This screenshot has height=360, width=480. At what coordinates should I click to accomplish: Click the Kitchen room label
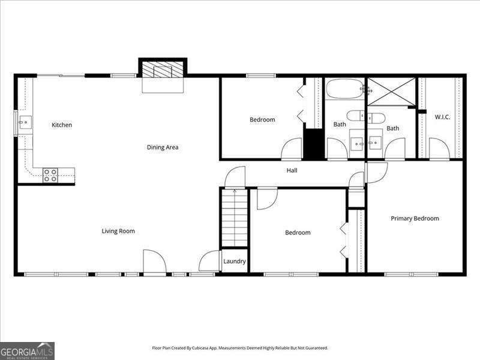(62, 125)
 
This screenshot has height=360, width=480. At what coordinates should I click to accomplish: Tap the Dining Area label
(163, 147)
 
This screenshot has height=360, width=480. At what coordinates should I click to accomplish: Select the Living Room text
(118, 231)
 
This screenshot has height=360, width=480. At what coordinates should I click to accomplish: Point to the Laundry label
(235, 262)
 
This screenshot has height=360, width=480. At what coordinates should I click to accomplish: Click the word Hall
(292, 170)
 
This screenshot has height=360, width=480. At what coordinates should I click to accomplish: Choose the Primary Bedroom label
(415, 218)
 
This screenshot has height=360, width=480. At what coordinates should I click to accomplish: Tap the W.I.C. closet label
(442, 117)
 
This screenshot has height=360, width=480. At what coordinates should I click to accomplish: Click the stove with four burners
(50, 175)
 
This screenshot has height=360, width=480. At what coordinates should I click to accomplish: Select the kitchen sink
(24, 124)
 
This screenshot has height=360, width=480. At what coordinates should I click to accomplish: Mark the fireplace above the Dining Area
(163, 70)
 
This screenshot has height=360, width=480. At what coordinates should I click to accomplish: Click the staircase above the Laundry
(235, 217)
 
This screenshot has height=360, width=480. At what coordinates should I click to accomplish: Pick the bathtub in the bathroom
(345, 89)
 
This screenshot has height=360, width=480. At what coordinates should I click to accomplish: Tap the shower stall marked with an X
(391, 91)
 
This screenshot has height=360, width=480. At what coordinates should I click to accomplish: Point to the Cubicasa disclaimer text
(240, 348)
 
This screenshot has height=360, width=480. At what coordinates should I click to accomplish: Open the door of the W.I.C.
(439, 149)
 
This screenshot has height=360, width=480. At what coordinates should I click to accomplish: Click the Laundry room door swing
(210, 262)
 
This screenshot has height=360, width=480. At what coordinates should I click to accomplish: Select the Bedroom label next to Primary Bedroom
(298, 233)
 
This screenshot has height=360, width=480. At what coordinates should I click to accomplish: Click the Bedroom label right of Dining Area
(262, 119)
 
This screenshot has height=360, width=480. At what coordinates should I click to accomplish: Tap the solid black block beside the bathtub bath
(313, 144)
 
